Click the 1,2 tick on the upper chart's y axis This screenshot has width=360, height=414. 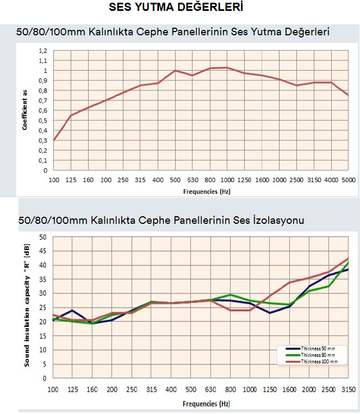click(x=43, y=51)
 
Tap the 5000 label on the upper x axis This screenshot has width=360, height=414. click(x=348, y=180)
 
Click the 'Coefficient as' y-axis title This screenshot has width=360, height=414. click(x=25, y=110)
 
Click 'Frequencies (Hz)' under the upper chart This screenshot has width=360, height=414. click(x=203, y=191)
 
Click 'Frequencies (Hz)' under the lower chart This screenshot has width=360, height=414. click(x=203, y=404)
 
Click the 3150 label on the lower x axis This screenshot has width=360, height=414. click(x=348, y=391)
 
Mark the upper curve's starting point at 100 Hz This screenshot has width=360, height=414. click(x=54, y=140)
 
